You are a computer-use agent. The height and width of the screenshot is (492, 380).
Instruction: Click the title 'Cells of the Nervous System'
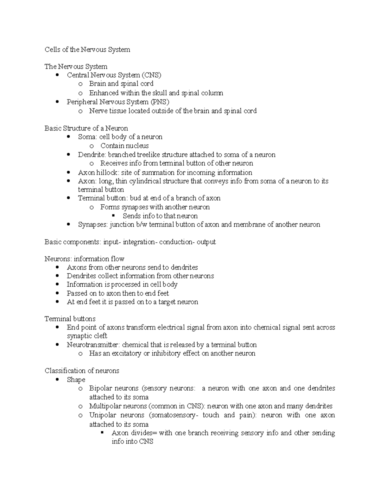(87, 50)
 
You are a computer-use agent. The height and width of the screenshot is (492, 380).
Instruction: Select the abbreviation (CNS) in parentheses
(151, 75)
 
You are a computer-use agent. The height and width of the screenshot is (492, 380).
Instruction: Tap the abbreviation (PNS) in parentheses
(159, 102)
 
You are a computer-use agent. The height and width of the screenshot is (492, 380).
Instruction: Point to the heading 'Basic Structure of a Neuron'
(86, 128)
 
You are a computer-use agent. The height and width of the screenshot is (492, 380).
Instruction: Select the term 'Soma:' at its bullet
(87, 137)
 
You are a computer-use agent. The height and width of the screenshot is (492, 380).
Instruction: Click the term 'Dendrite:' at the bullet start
(92, 155)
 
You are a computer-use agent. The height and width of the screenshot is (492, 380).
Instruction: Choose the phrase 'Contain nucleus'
(124, 146)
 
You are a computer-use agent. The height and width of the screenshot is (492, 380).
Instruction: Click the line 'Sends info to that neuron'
(160, 216)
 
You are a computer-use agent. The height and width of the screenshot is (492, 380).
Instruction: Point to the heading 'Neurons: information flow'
(84, 259)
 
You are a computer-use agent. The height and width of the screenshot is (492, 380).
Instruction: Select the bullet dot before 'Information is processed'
(57, 284)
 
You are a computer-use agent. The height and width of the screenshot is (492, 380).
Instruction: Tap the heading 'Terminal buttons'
(70, 319)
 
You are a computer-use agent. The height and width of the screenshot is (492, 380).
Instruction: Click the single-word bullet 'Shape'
(76, 380)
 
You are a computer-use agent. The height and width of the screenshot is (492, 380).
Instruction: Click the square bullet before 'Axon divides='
(102, 433)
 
